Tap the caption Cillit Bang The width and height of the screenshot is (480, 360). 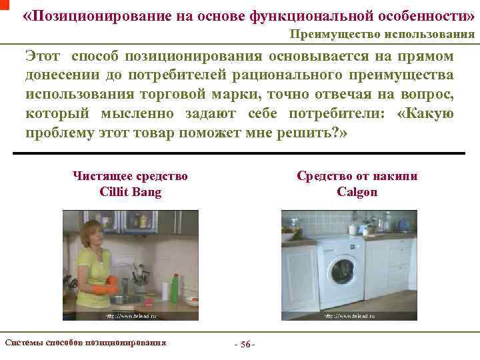(x=130, y=192)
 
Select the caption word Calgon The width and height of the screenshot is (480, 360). (x=357, y=192)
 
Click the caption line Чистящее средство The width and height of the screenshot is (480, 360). (x=130, y=176)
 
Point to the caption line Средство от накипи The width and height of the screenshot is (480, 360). (x=357, y=176)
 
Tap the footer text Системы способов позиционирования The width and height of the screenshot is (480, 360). (x=85, y=343)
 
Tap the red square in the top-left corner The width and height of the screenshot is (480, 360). (x=3, y=4)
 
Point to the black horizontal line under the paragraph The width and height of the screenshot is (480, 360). (x=239, y=154)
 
